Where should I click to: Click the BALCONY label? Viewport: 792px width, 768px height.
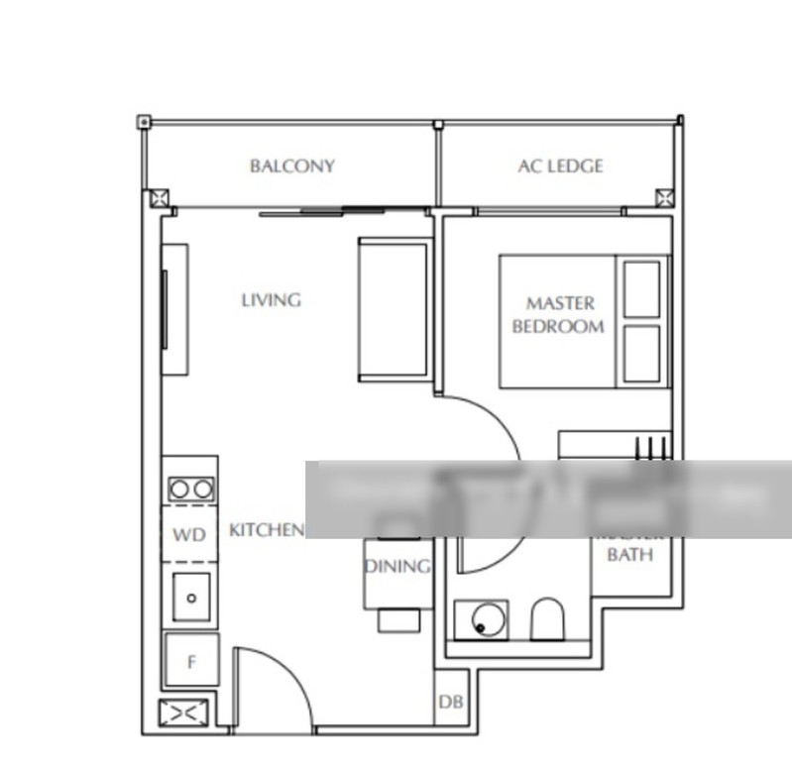pos(291,166)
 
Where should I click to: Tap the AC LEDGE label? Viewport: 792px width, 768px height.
pos(560,166)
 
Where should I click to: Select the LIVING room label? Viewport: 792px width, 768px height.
pos(271,299)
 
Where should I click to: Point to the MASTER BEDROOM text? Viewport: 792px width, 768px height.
pos(558,314)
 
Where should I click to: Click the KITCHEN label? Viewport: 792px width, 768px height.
pos(267,530)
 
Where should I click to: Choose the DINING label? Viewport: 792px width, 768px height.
pos(396,567)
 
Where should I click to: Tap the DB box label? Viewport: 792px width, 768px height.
pos(451,703)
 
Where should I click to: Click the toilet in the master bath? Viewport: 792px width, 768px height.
pos(546,619)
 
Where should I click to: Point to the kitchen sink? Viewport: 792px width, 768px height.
pos(191,597)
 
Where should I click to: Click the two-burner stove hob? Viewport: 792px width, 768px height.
pos(190,489)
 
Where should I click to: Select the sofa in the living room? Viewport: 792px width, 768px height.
pos(395,309)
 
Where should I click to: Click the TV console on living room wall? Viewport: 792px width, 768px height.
pos(174,309)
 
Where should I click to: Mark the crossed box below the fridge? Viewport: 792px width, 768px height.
pos(184,713)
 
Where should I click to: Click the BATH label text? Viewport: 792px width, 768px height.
pos(629,555)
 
